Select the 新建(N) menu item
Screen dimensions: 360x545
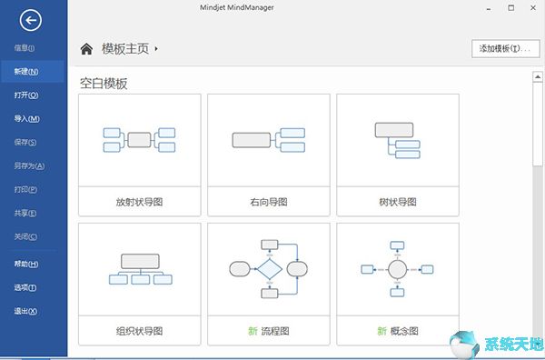click(26, 71)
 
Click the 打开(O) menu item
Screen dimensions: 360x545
click(26, 95)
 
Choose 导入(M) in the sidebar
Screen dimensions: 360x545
click(26, 118)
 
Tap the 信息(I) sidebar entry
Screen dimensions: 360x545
click(25, 47)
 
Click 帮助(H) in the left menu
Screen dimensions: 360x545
click(26, 264)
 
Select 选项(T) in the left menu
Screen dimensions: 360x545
click(26, 287)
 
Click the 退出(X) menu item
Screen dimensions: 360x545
click(26, 311)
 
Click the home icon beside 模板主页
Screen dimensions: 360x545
click(87, 49)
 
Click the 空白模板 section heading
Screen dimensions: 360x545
click(104, 84)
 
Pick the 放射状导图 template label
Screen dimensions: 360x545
click(139, 200)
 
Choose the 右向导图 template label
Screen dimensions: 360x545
click(268, 200)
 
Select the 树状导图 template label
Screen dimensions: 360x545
click(397, 200)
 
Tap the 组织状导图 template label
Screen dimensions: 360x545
click(139, 330)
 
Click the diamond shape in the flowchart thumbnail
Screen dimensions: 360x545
click(269, 269)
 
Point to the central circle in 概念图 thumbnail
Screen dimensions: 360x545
click(397, 268)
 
